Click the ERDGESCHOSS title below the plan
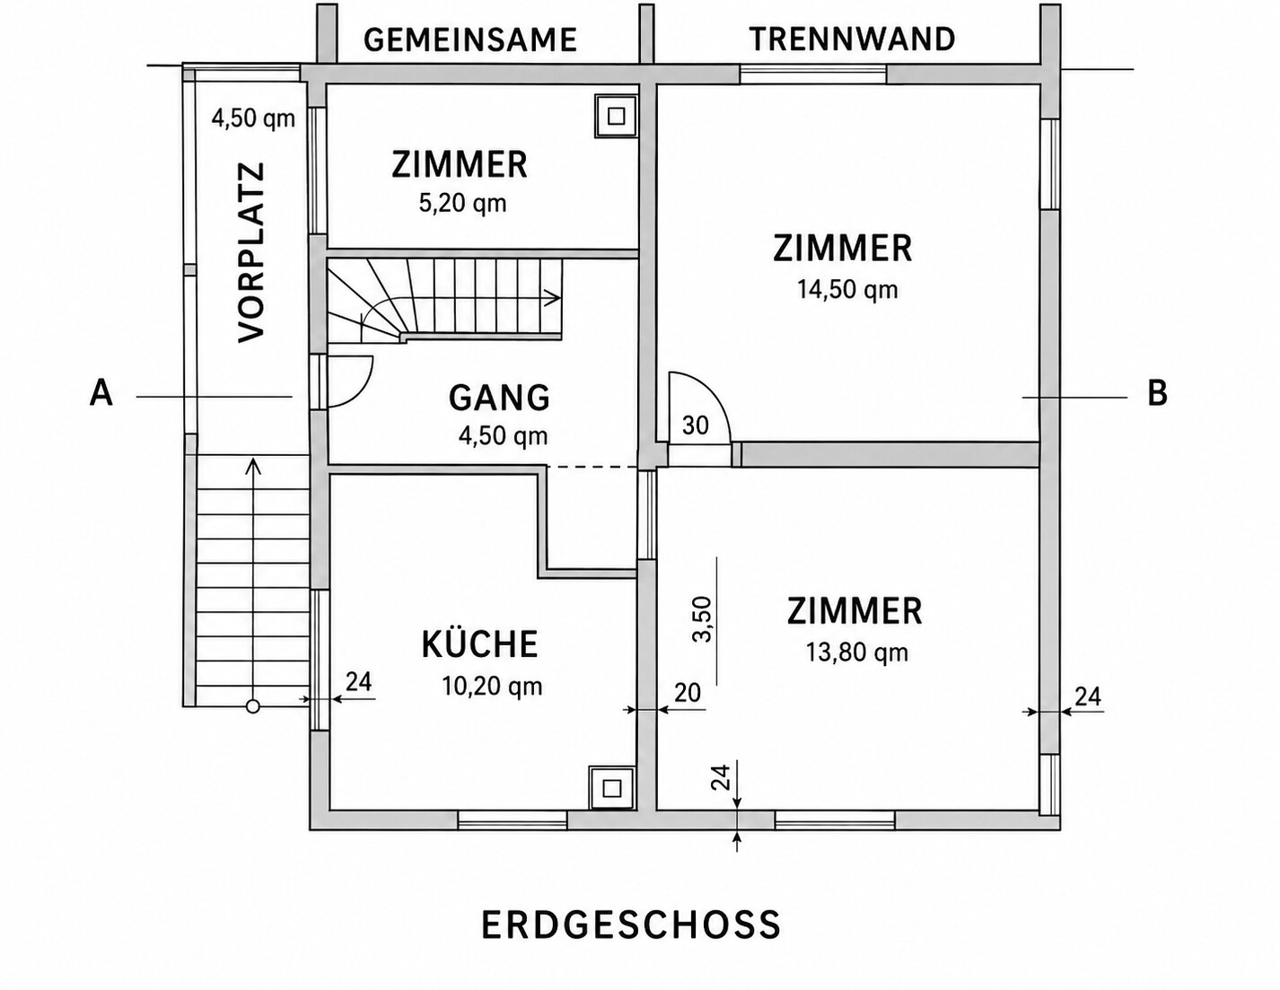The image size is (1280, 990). point(631,925)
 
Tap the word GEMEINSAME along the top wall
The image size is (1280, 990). point(470,40)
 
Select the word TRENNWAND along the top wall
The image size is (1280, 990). point(852,39)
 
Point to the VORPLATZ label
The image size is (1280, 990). point(251,251)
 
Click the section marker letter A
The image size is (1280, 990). point(101,392)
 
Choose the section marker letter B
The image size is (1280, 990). point(1158,393)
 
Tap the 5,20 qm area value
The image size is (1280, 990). point(462,204)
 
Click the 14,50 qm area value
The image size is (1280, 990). point(847,290)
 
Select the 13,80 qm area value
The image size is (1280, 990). point(857,653)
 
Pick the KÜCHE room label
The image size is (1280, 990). point(479,644)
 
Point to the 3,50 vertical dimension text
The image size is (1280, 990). point(704,619)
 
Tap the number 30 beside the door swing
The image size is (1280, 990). point(695,425)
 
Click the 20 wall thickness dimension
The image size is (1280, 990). point(688,693)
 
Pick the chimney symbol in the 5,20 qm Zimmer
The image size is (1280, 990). point(616,116)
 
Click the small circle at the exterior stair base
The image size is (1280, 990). point(253,706)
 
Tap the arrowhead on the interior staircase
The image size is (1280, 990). point(553,298)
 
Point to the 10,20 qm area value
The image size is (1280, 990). point(492,686)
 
